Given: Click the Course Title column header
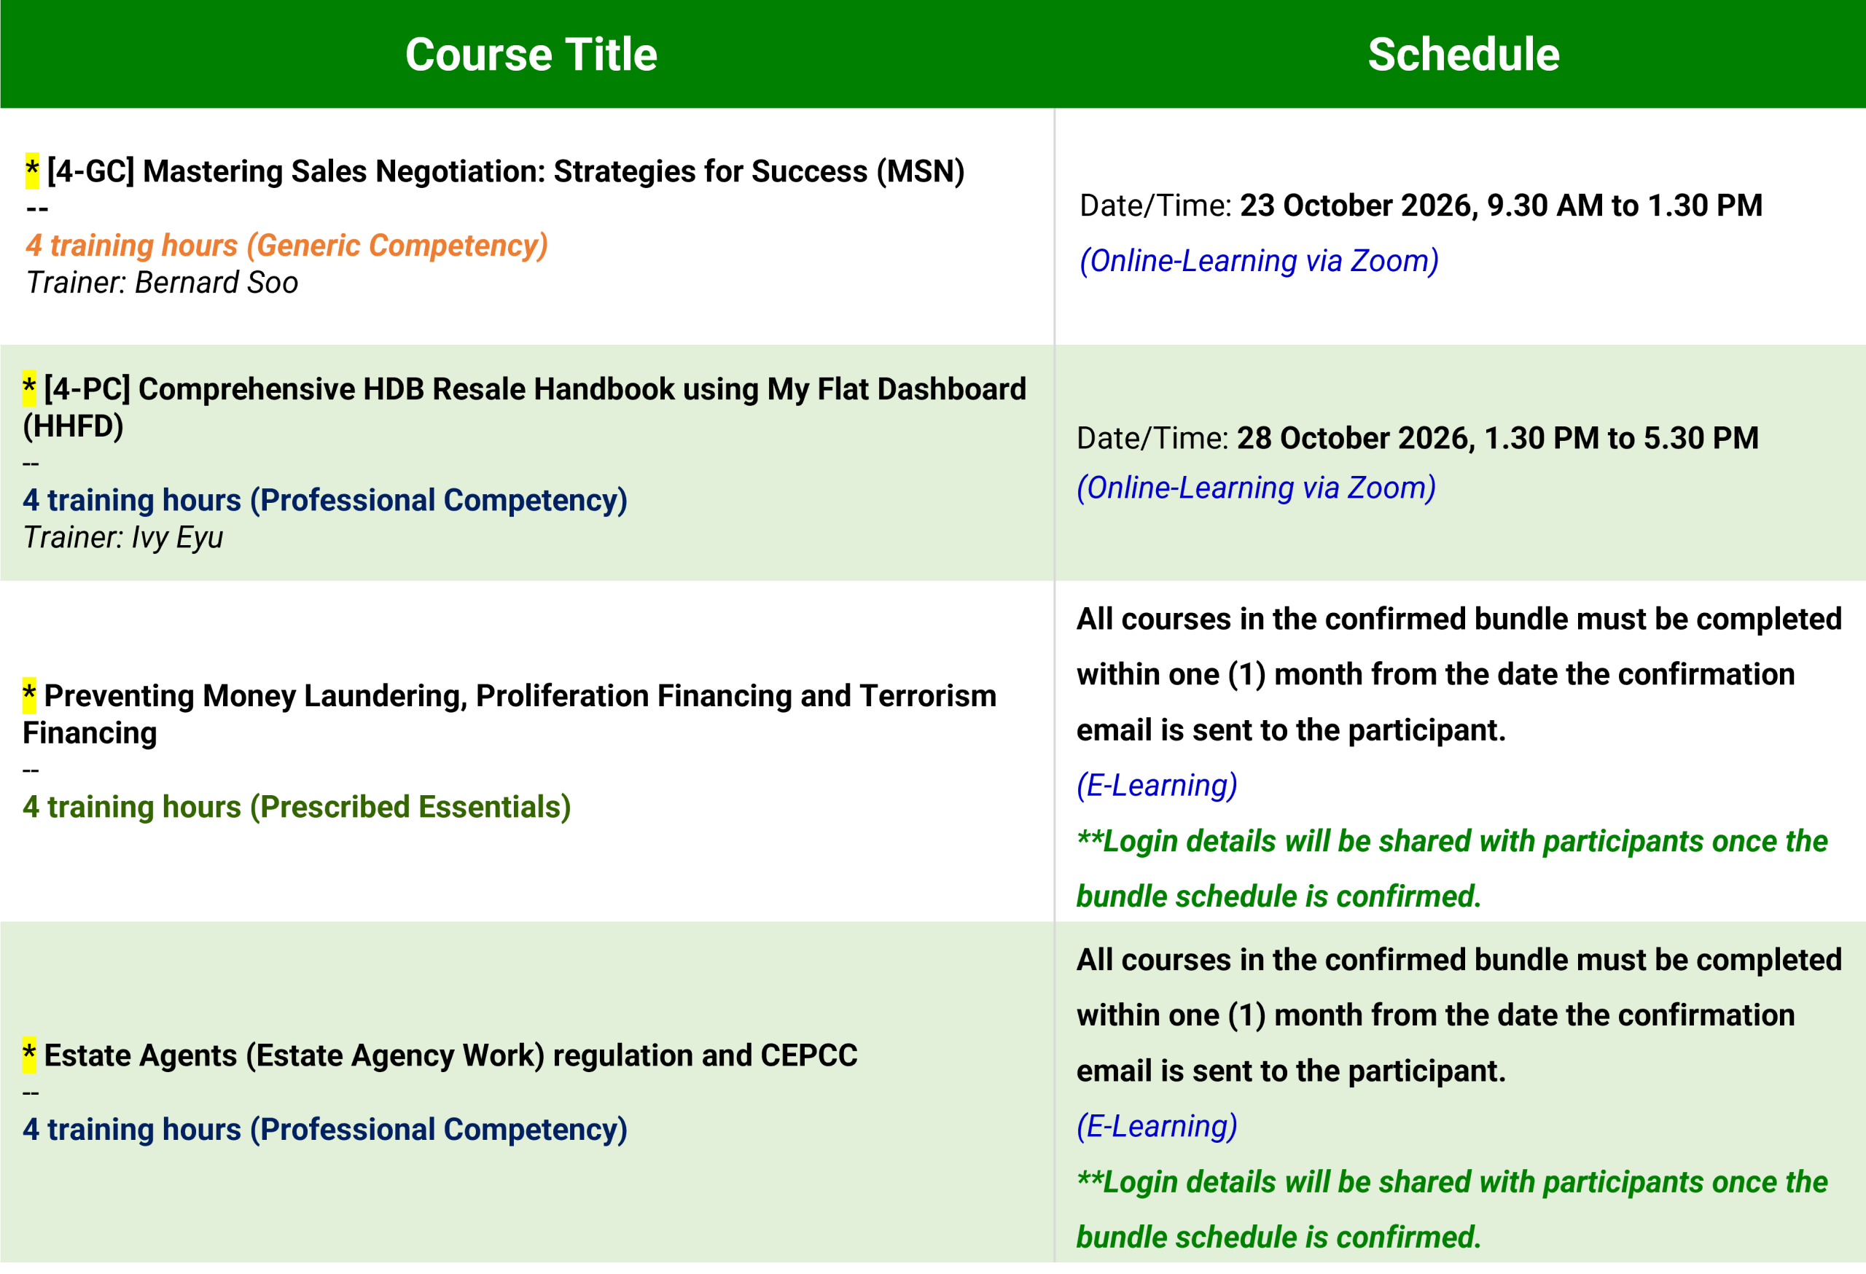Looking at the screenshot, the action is pyautogui.click(x=531, y=55).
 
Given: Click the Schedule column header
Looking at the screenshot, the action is pyautogui.click(x=1463, y=55).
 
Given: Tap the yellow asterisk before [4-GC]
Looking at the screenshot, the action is pyautogui.click(x=32, y=171).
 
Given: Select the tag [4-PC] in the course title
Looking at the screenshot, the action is pyautogui.click(x=87, y=389).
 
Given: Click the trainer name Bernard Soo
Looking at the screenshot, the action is pyautogui.click(x=216, y=283).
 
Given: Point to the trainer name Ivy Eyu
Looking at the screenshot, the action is pyautogui.click(x=177, y=537).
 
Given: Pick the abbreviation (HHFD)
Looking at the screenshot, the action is pyautogui.click(x=73, y=426).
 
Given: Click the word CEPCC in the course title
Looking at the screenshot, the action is pyautogui.click(x=808, y=1055).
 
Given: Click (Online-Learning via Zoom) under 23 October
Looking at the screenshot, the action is pyautogui.click(x=1259, y=261).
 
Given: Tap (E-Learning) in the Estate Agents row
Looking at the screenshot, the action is pyautogui.click(x=1157, y=1126).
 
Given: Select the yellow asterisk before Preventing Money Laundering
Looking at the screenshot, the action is pyautogui.click(x=29, y=695).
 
